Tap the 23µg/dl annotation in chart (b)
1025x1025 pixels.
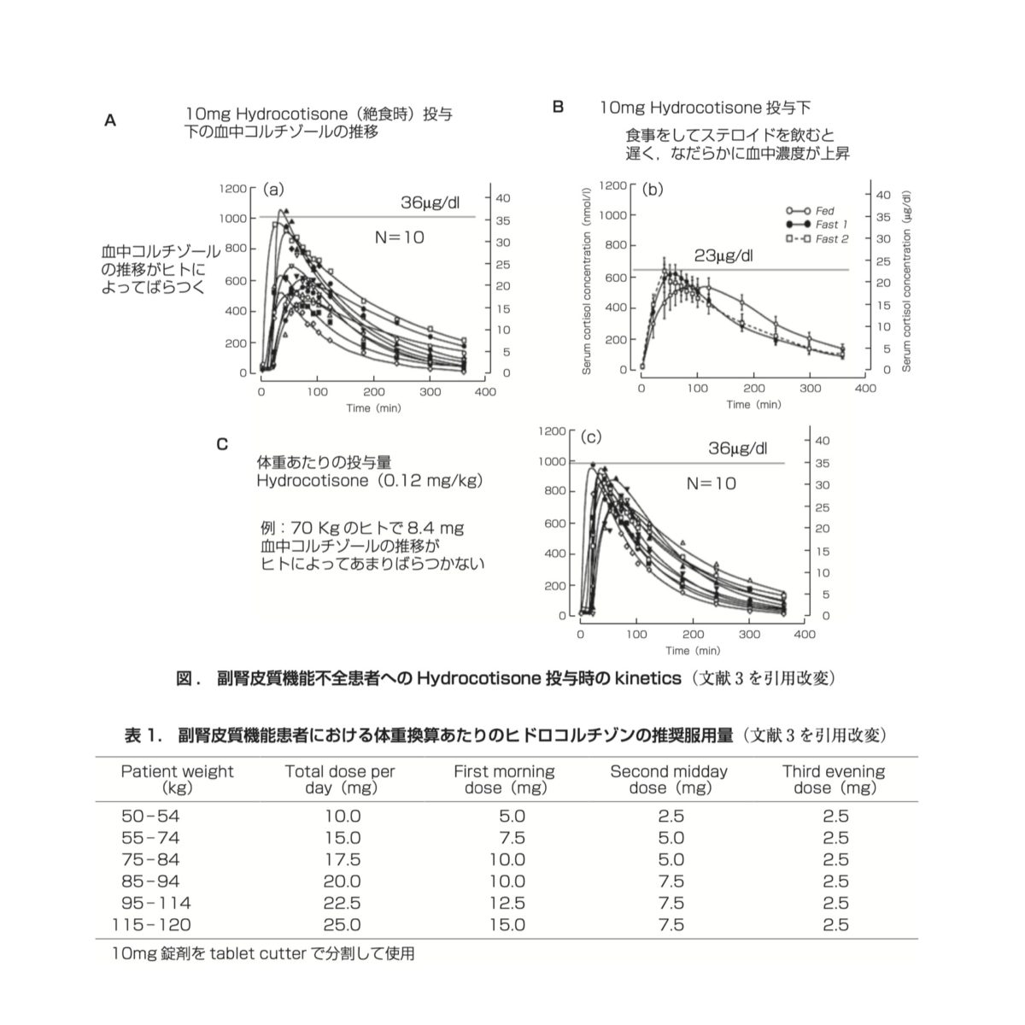tap(725, 255)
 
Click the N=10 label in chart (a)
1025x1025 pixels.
tap(399, 237)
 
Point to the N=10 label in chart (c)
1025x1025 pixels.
tap(712, 483)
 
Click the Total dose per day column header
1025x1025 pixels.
tap(340, 779)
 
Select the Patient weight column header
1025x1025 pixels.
tap(177, 779)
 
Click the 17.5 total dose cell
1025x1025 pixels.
tap(343, 860)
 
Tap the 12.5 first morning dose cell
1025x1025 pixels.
tap(507, 903)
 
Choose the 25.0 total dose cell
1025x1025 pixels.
tap(343, 924)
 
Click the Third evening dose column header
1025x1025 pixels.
tap(834, 779)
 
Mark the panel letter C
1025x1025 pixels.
tap(222, 444)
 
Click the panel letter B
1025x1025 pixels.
tap(558, 108)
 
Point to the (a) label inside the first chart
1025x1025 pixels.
tap(273, 189)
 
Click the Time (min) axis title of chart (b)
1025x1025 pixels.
tap(754, 404)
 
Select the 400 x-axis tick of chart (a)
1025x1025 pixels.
tap(484, 391)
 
